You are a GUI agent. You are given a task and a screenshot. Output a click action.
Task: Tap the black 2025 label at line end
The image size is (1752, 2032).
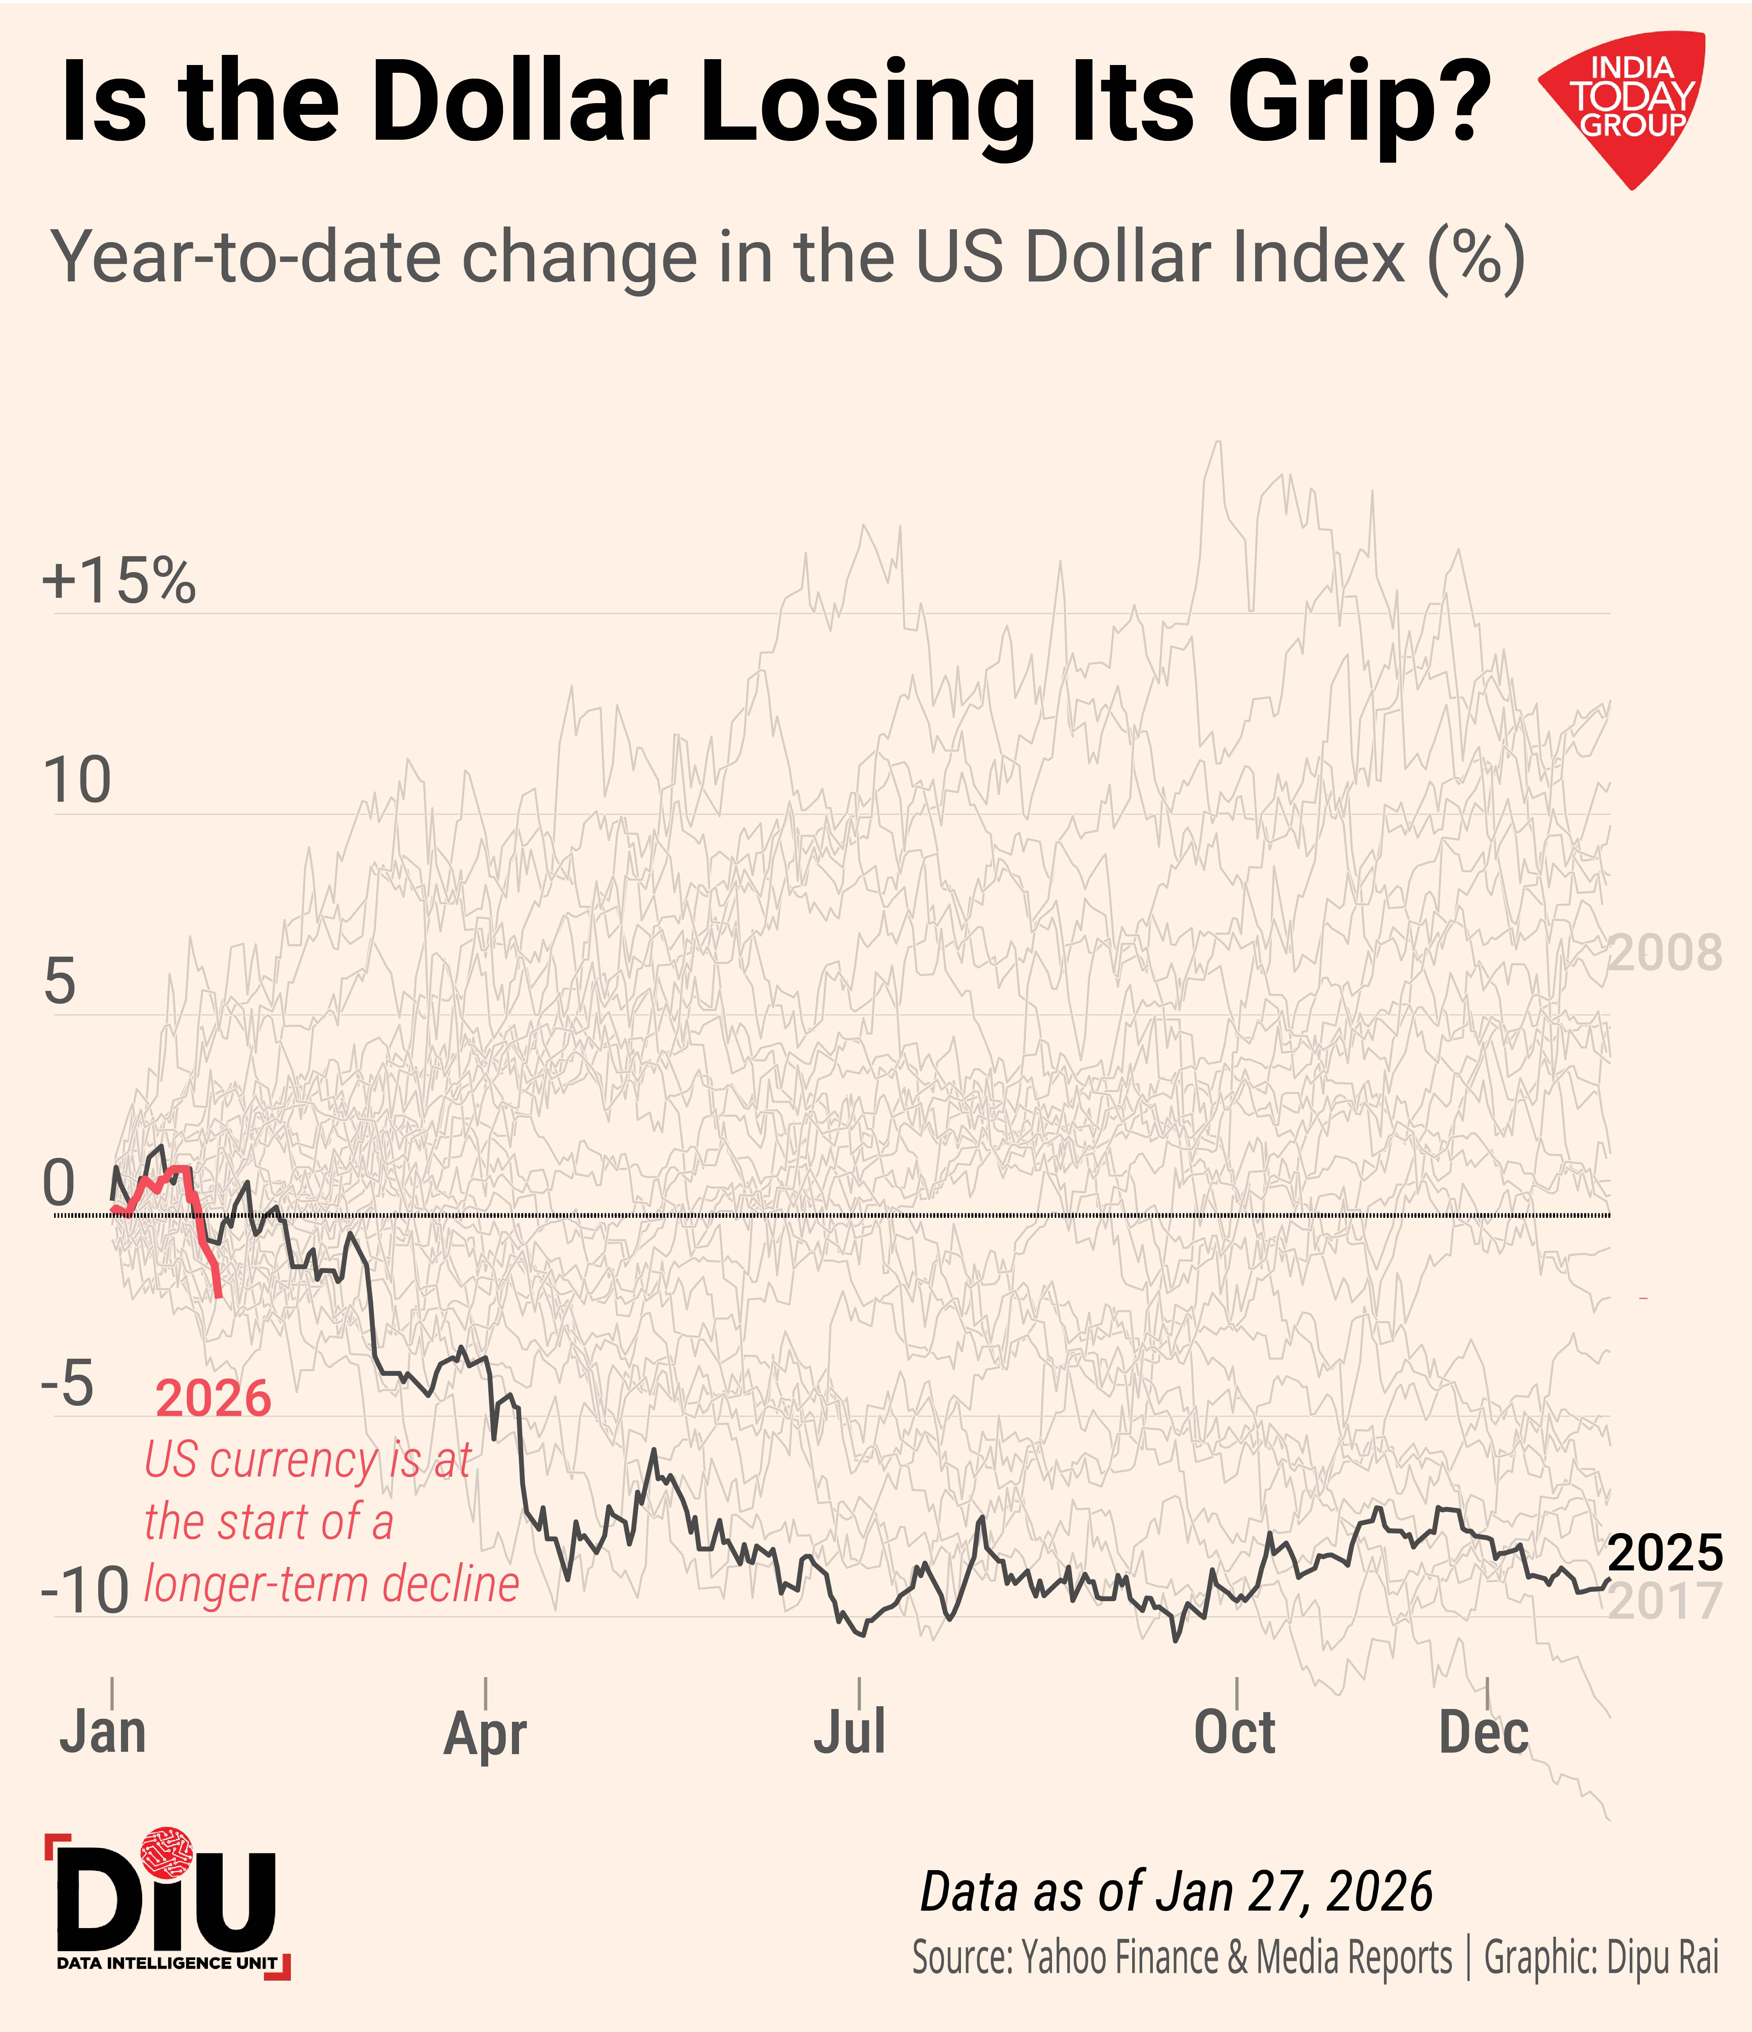(1665, 1553)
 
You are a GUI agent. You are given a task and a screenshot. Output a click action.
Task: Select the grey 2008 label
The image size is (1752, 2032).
(1665, 953)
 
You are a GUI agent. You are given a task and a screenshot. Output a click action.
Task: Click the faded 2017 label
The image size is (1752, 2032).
(1665, 1602)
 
